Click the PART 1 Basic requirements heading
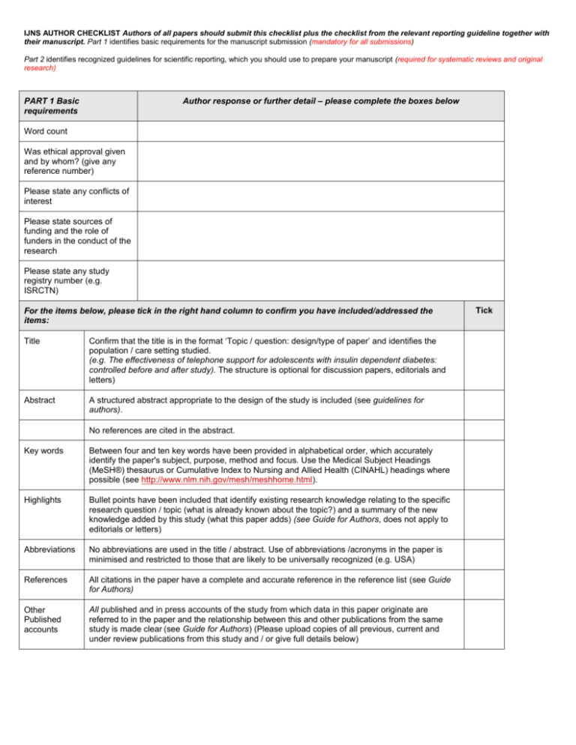coord(60,105)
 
